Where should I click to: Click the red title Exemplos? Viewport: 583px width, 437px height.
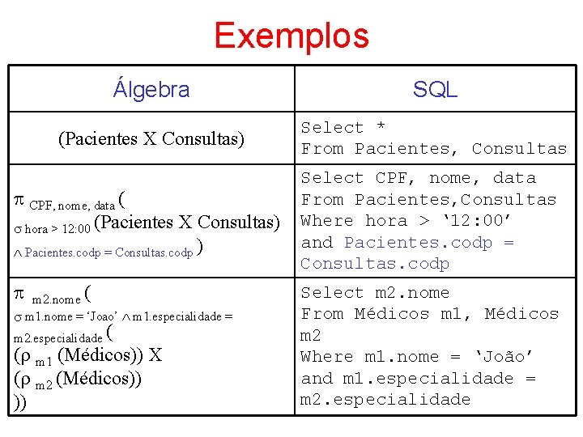tap(291, 36)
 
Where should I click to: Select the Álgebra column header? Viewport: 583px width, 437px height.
tap(151, 88)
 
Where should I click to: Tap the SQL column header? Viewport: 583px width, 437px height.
tap(435, 89)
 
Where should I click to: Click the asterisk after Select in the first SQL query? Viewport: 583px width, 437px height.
tap(381, 128)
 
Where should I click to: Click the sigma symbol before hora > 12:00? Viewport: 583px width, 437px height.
tap(19, 228)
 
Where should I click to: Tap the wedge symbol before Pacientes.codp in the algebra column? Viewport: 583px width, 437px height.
tap(19, 252)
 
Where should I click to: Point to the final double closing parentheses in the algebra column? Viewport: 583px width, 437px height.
tap(19, 402)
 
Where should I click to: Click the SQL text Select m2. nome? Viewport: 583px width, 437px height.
tap(375, 293)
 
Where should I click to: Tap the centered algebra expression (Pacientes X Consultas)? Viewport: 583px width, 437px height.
tap(151, 138)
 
